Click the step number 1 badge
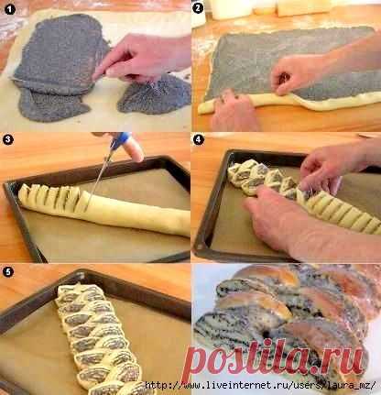[x=10, y=9]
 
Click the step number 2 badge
[x=198, y=8]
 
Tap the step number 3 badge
[x=8, y=140]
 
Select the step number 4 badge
[x=199, y=140]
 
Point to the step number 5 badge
[x=8, y=271]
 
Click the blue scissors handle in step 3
[x=121, y=141]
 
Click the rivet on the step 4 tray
[x=201, y=247]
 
